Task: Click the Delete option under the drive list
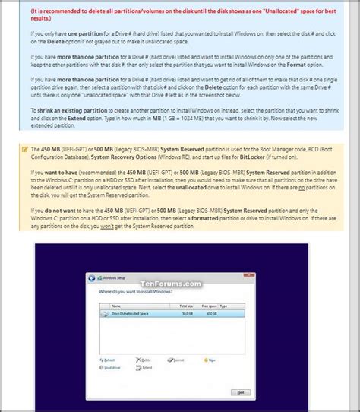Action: [147, 359]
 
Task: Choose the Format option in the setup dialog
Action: [179, 359]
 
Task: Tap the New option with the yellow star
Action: [211, 359]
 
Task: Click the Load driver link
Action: [111, 366]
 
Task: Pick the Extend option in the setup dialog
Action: [147, 366]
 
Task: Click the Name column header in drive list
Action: [115, 306]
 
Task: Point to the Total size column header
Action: [185, 306]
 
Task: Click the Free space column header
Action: [210, 306]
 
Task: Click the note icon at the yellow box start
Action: [25, 148]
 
